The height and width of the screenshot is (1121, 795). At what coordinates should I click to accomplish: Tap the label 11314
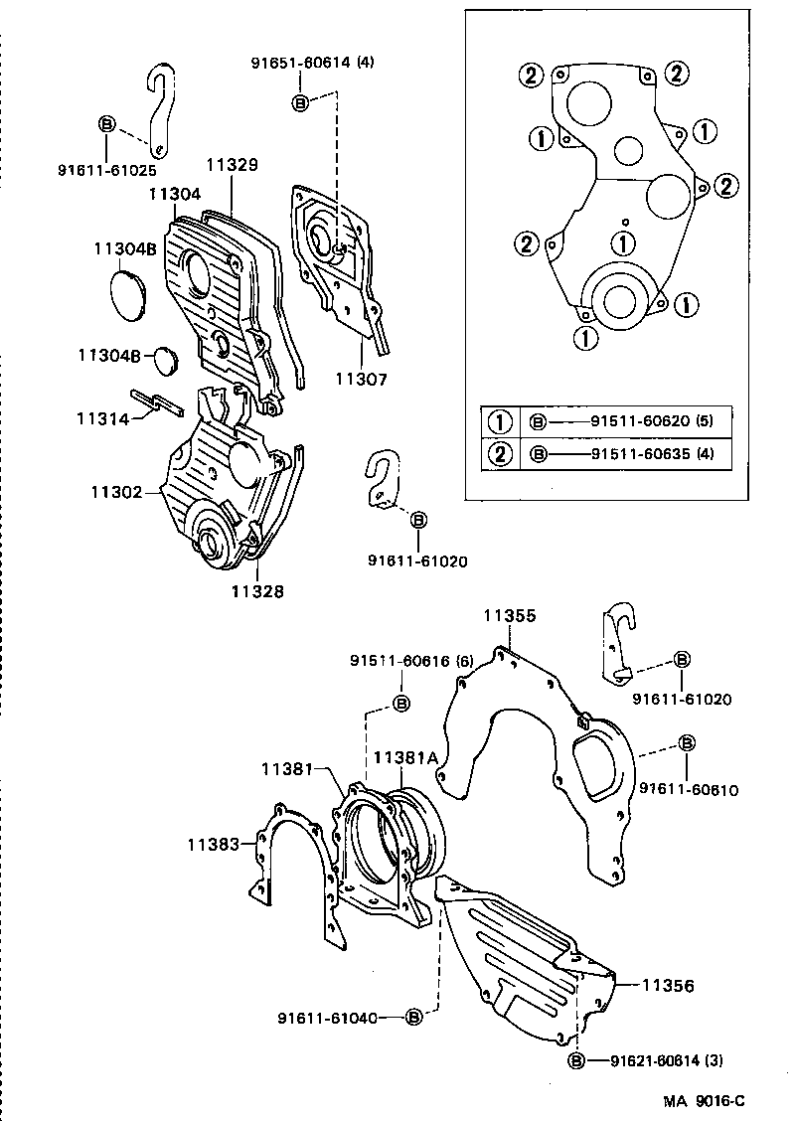click(x=103, y=419)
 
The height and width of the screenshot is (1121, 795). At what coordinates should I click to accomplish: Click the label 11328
click(x=257, y=590)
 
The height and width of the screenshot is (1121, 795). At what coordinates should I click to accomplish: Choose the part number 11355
click(x=510, y=616)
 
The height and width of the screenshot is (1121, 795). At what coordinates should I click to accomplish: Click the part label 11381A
click(x=405, y=757)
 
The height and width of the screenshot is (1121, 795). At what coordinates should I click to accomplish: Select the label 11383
click(x=214, y=845)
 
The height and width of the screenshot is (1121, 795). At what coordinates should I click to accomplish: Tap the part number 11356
click(x=667, y=987)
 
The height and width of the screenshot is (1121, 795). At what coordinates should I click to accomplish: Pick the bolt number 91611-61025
click(x=106, y=170)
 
